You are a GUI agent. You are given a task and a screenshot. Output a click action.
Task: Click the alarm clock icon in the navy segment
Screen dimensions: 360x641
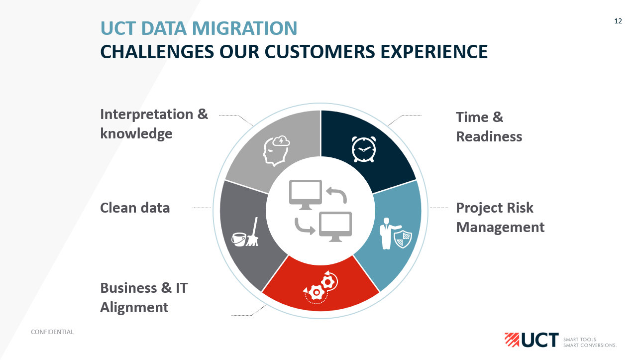363,149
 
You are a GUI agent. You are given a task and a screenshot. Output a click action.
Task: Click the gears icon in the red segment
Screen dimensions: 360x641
320,288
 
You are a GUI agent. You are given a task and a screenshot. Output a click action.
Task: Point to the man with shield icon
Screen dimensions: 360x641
395,234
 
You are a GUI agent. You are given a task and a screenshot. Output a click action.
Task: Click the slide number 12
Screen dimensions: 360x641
618,21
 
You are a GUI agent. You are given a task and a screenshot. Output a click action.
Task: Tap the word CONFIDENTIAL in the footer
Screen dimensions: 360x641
52,332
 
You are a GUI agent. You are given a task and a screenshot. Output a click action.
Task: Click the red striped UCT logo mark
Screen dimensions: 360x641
512,339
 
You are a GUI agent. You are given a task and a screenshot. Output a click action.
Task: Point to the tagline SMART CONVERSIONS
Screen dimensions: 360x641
590,345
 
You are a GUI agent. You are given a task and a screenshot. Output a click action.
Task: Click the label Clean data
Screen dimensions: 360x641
135,208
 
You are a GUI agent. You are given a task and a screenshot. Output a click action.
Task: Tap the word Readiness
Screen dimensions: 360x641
489,136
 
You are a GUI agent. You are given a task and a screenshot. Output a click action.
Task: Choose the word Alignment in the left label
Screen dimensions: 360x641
134,307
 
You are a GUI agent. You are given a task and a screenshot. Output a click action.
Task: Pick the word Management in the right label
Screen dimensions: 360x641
500,227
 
